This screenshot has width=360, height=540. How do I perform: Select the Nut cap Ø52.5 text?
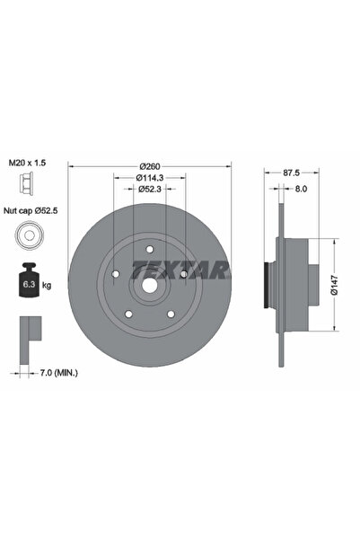(31, 212)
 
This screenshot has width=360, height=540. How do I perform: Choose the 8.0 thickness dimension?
(301, 190)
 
